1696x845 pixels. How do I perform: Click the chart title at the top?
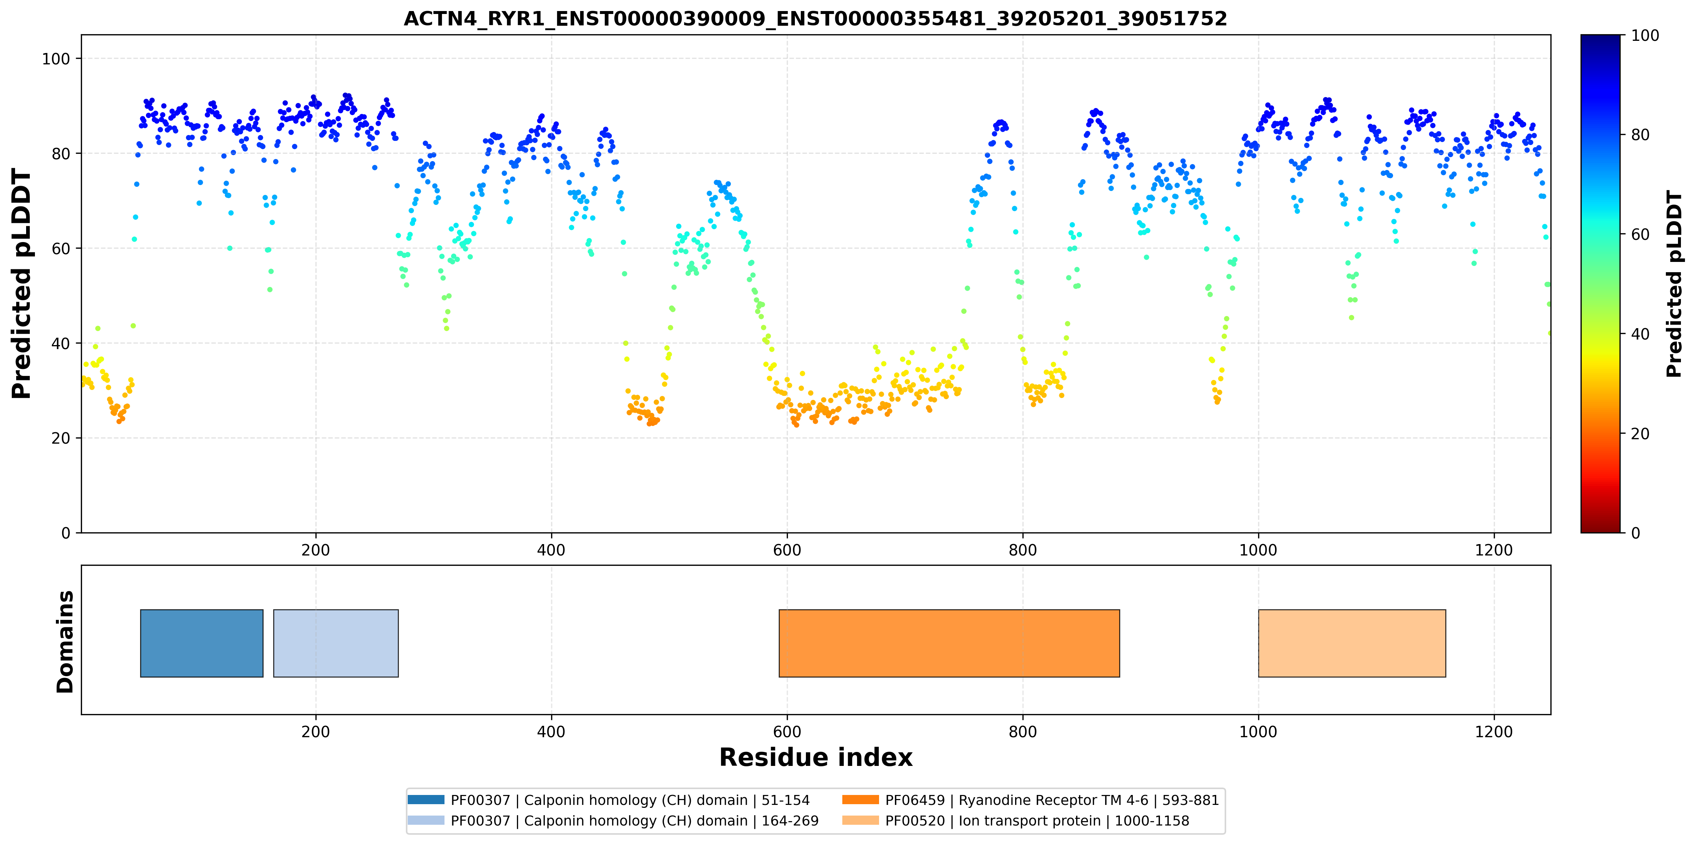click(815, 18)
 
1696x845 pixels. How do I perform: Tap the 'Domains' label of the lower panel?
click(65, 642)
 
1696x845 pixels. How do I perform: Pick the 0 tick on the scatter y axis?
click(66, 533)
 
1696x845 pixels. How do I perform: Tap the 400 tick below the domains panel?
click(551, 732)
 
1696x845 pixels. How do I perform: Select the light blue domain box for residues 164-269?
click(336, 643)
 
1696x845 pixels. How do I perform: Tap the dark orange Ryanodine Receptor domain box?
click(949, 643)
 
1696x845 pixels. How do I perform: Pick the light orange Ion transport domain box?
click(1352, 643)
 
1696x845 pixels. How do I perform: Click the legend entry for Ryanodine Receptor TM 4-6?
click(1031, 800)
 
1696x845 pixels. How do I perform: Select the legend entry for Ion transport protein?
click(1016, 821)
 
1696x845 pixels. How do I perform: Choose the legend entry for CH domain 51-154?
click(608, 800)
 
